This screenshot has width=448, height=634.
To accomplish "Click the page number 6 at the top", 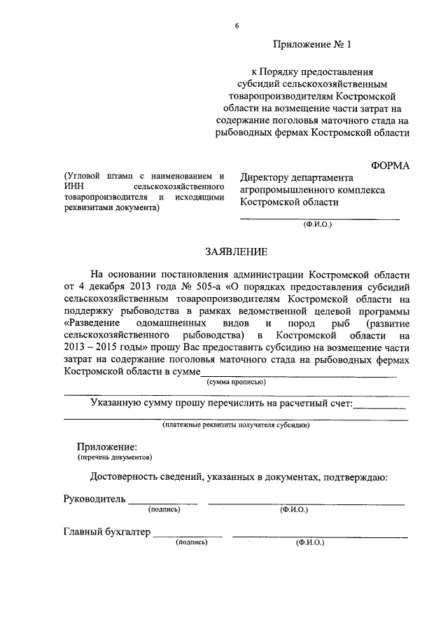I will tap(237, 26).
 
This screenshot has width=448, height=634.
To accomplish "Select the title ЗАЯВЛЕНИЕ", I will tap(237, 250).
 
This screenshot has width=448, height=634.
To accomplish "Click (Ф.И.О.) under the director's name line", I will tap(318, 226).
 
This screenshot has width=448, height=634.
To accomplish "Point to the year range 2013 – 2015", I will tap(94, 347).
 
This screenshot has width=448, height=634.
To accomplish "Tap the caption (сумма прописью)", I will tap(235, 383).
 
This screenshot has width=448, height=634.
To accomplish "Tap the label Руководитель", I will tap(94, 499).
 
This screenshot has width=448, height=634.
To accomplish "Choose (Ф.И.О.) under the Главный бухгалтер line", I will tap(310, 542).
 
